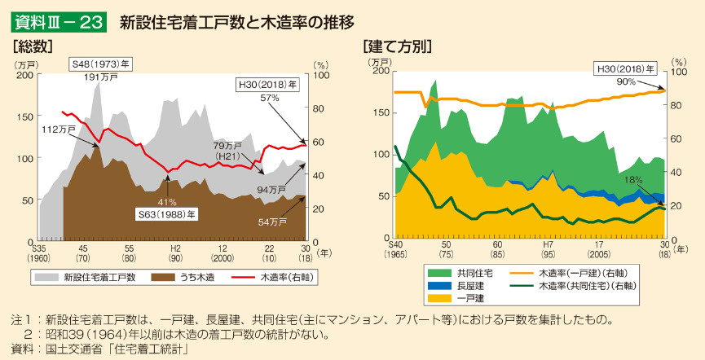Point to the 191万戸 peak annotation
pos(100,77)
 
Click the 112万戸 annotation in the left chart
pos(58,129)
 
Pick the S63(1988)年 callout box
pos(165,214)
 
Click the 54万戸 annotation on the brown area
pos(271,222)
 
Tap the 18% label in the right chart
pos(633,179)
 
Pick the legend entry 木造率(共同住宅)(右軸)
pos(587,286)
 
